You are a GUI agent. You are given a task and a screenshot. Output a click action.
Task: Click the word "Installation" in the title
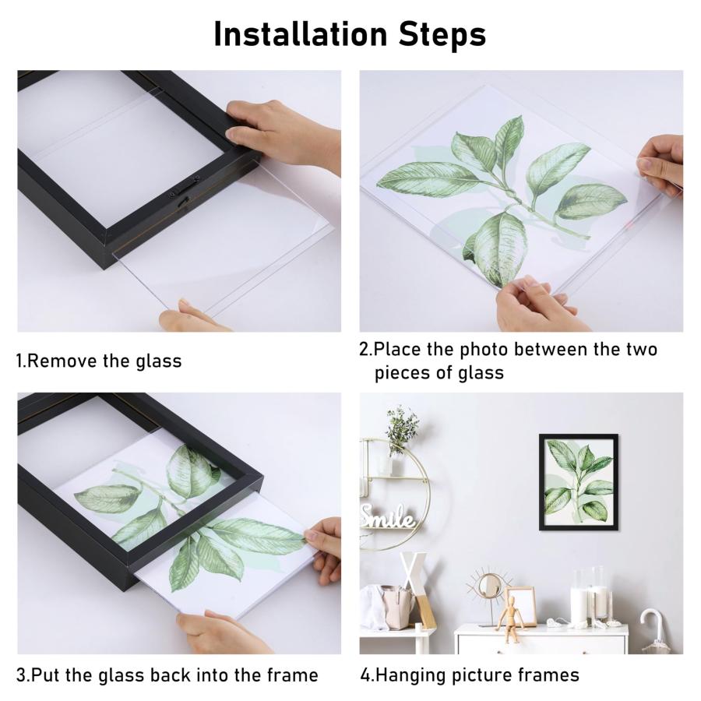300,34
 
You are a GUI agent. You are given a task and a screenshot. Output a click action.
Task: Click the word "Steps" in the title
442,34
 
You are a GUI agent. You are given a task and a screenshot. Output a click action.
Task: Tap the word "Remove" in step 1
62,361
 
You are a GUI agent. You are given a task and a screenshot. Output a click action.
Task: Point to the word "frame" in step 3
292,675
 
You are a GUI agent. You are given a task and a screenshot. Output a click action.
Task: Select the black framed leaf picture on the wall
579,482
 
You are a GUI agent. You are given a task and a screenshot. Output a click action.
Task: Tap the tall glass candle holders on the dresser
590,594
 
